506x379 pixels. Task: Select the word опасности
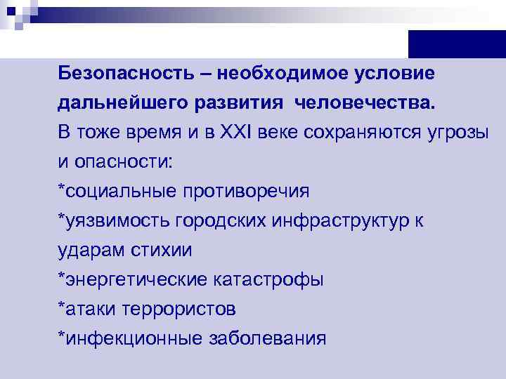pyautogui.click(x=121, y=161)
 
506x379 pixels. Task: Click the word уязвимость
pyautogui.click(x=115, y=220)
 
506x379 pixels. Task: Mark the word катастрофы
pyautogui.click(x=268, y=280)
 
